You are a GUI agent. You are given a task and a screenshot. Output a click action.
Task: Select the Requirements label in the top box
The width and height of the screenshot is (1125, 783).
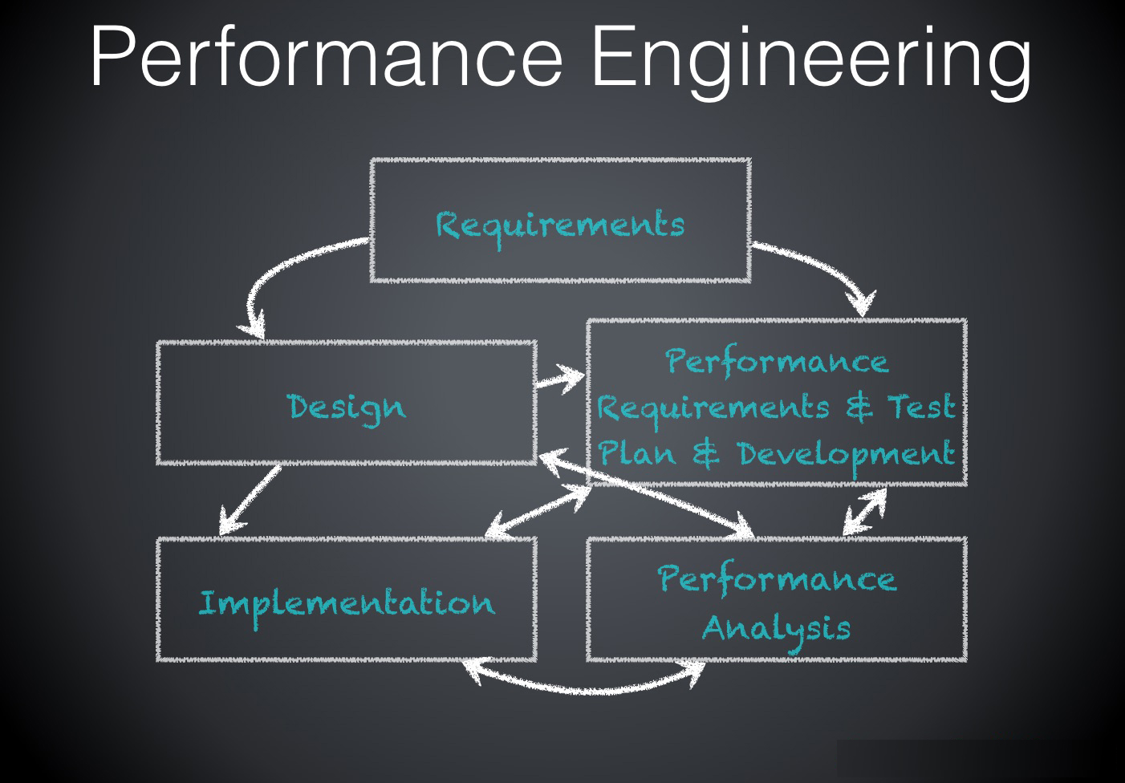(x=560, y=224)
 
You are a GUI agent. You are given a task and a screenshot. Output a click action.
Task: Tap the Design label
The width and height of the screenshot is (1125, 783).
(x=347, y=408)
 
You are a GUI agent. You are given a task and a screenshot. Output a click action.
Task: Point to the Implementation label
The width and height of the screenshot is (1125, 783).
(x=347, y=603)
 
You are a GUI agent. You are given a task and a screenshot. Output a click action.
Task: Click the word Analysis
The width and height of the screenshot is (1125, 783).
(x=776, y=627)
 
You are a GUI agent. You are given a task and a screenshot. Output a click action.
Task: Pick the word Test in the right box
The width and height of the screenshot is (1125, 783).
(x=920, y=407)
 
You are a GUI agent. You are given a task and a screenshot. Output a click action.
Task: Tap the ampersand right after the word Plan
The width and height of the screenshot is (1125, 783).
(x=705, y=455)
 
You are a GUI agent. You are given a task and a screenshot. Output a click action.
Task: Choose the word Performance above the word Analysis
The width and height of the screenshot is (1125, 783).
(x=776, y=579)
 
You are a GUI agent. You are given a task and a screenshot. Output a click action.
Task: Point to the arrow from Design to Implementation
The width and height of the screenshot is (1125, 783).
(x=249, y=499)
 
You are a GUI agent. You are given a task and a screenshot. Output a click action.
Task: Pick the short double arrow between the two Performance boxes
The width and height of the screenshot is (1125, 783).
(x=865, y=511)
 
